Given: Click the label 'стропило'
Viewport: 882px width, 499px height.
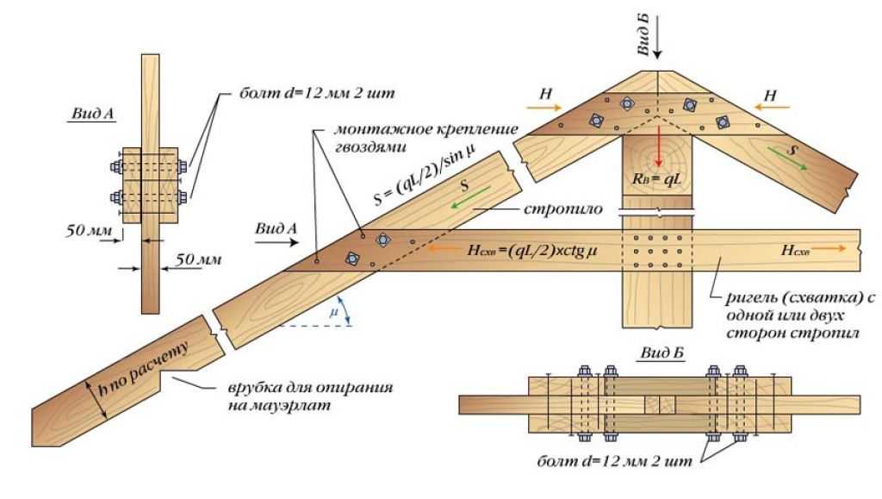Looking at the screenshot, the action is click(562, 209).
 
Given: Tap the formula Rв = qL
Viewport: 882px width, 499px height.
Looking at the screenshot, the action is click(657, 179).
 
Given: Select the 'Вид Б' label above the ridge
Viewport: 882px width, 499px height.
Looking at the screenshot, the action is click(643, 34).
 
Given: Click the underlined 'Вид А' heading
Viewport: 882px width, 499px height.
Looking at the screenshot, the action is click(93, 115).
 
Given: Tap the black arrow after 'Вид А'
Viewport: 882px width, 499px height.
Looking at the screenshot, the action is click(276, 242).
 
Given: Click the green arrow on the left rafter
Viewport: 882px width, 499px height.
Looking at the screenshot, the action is click(470, 199).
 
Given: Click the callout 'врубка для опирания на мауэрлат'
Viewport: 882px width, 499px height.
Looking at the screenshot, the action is click(310, 396).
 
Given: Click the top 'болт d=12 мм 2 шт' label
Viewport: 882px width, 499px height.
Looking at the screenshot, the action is click(317, 93).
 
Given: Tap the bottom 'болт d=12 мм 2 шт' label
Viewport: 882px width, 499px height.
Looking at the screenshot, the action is click(615, 462).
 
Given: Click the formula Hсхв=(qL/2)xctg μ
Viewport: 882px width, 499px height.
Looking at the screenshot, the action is click(531, 250).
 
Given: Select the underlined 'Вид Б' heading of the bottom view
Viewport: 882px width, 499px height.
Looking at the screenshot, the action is click(662, 353).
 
